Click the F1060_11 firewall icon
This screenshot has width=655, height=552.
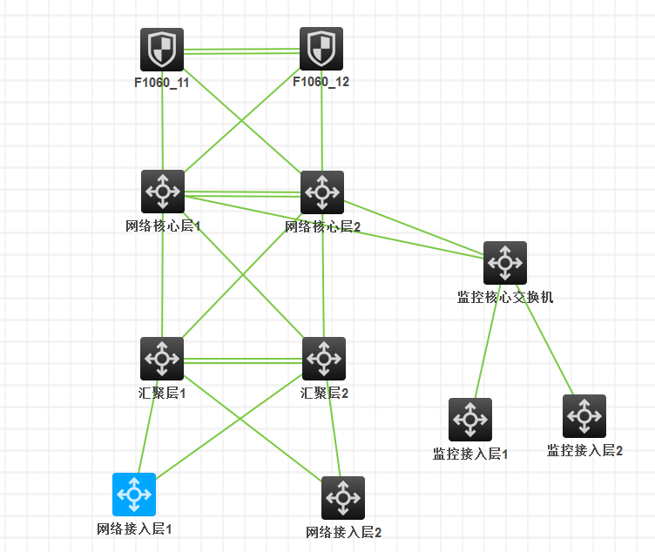pyautogui.click(x=162, y=49)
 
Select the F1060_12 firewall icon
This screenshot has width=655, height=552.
pyautogui.click(x=321, y=49)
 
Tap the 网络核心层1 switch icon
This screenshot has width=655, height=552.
pyautogui.click(x=163, y=192)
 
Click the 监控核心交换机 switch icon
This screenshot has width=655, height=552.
pyautogui.click(x=505, y=263)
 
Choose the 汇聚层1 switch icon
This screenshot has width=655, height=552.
pyautogui.click(x=162, y=359)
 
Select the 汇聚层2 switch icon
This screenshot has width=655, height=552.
pyautogui.click(x=324, y=359)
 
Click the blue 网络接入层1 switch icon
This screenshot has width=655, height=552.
pyautogui.click(x=134, y=495)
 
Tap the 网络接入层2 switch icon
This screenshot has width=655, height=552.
pyautogui.click(x=343, y=498)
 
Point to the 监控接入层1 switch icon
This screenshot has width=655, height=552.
pyautogui.click(x=470, y=420)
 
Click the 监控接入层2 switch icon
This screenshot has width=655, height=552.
pyautogui.click(x=584, y=416)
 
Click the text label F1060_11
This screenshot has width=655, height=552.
pyautogui.click(x=161, y=83)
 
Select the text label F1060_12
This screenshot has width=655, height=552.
pyautogui.click(x=321, y=83)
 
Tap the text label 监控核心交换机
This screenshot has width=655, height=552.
pyautogui.click(x=505, y=297)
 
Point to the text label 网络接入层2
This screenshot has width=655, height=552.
pyautogui.click(x=344, y=532)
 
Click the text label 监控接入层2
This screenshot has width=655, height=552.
pyautogui.click(x=584, y=450)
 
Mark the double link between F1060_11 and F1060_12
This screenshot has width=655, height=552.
pyautogui.click(x=241, y=51)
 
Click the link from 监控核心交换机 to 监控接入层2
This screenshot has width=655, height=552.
pyautogui.click(x=546, y=341)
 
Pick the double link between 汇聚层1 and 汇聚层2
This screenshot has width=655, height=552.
pyautogui.click(x=243, y=359)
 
